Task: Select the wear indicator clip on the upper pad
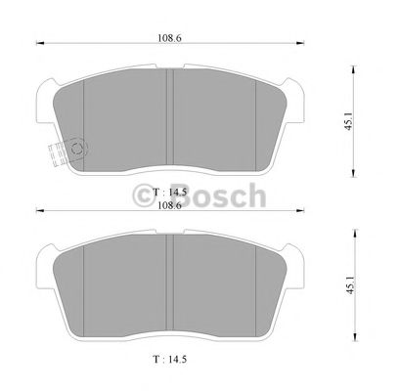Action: (63, 152)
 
